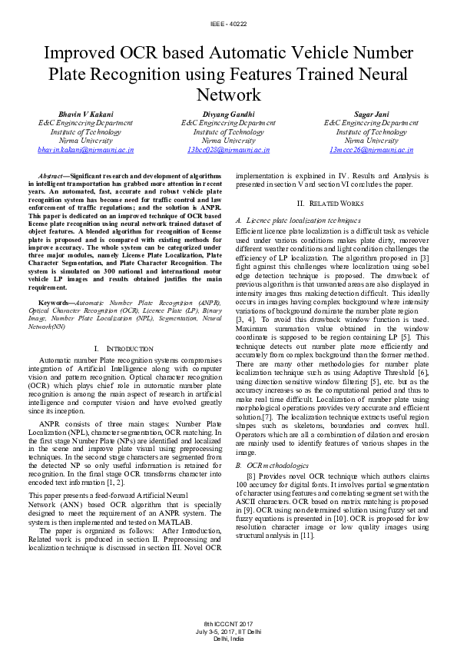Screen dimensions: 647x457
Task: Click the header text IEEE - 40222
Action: [228, 25]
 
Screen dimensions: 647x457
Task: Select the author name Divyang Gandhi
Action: [228, 113]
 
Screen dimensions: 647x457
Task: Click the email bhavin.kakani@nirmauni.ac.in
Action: [85, 150]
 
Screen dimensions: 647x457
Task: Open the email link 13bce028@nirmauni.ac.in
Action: [228, 150]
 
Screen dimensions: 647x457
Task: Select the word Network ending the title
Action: [228, 95]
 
